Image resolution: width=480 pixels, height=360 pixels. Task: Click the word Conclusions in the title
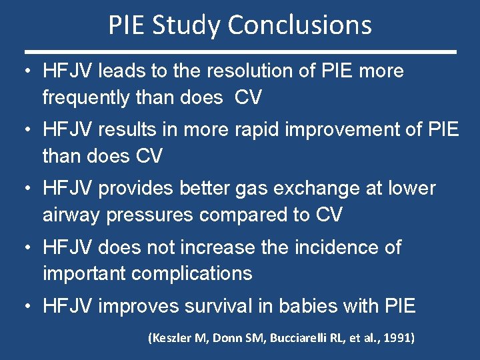[x=299, y=25]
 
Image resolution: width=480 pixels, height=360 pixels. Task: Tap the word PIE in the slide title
[x=129, y=25]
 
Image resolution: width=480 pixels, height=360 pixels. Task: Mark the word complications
[x=192, y=273]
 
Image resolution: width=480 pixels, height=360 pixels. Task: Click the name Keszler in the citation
[x=171, y=339]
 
